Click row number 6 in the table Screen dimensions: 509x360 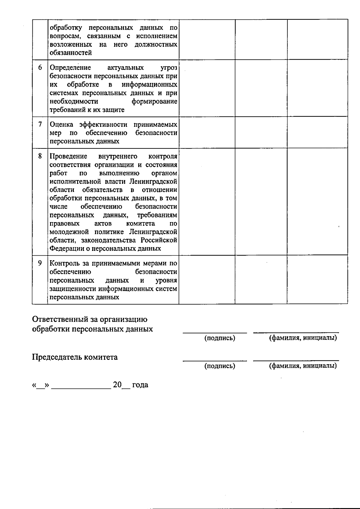coord(40,67)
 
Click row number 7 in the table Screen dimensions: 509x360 coord(40,124)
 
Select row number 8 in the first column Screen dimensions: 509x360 coord(40,156)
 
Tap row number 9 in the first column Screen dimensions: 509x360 coord(40,263)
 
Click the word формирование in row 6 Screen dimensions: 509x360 coord(154,101)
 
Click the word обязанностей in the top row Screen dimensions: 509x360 coord(71,53)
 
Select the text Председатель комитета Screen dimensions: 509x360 coord(75,357)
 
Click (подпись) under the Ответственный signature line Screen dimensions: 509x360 coord(220,338)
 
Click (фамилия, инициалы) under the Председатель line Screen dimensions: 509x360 coord(303,366)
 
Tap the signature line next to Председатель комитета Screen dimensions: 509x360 coord(215,360)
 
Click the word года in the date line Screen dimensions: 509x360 coord(140,385)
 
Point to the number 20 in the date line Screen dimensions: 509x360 coord(117,385)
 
